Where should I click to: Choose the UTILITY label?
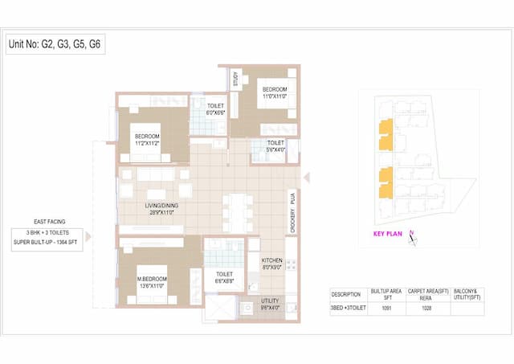click(269, 302)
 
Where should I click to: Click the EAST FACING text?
click(51, 220)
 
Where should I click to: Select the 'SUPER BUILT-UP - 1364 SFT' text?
click(50, 240)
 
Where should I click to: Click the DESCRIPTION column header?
click(347, 293)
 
